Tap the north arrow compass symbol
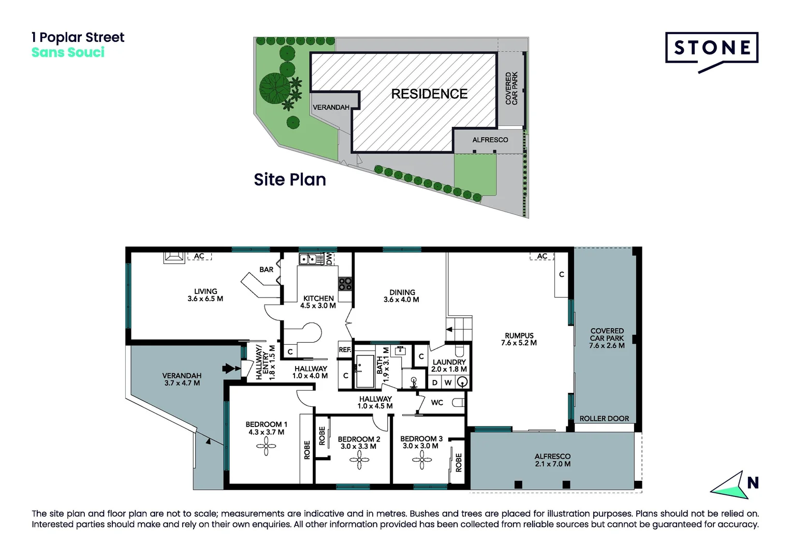[x=735, y=485]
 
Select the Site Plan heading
[x=290, y=180]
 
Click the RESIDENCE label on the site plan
[x=429, y=94]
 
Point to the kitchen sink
[x=307, y=259]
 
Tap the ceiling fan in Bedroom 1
[x=266, y=446]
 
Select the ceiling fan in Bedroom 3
[x=421, y=460]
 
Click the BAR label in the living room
[x=266, y=270]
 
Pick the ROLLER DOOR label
[x=604, y=418]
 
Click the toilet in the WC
[x=458, y=403]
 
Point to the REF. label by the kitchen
[x=345, y=349]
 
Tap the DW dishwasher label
[x=329, y=259]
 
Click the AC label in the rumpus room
[x=542, y=256]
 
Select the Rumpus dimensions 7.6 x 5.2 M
[x=519, y=343]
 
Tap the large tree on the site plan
[x=275, y=89]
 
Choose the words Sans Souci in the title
[x=68, y=52]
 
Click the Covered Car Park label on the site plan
[x=511, y=89]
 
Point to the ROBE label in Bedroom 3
[x=459, y=463]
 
